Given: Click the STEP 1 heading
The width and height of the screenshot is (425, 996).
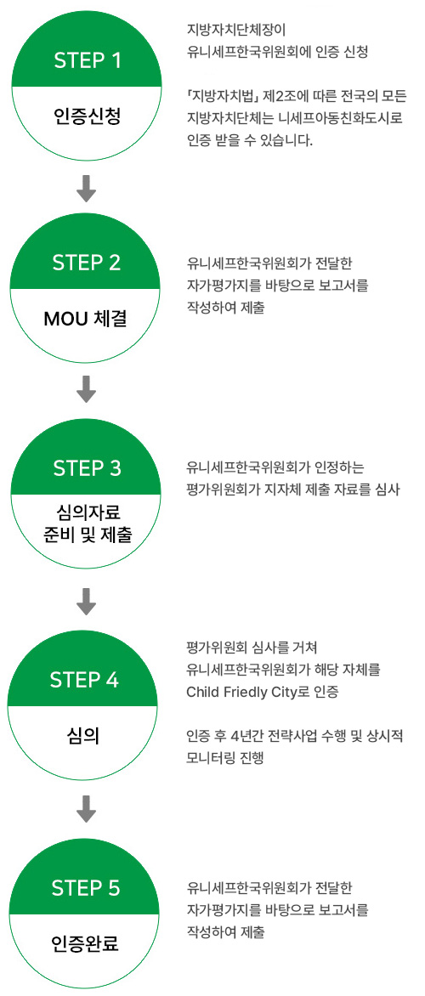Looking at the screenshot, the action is coord(87,61).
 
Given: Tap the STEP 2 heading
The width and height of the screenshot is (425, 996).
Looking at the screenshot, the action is coord(87,263).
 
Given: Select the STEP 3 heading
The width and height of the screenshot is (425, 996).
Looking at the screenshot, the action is coord(87,469).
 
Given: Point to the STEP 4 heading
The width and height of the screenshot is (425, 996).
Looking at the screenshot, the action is coord(84,680).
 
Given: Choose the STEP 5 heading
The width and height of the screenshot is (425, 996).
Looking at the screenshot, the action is coord(85,887).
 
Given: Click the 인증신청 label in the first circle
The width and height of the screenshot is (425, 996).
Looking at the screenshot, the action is coord(86,116).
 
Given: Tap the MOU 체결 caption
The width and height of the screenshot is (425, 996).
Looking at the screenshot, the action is coord(85,318).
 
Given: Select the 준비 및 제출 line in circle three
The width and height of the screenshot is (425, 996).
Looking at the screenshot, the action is coord(87,535).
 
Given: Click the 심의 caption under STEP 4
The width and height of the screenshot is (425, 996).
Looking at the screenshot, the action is coord(84,739).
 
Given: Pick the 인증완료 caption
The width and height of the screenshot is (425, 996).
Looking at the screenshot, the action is coord(85,944).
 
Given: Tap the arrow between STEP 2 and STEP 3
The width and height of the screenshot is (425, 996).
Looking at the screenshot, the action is coord(87,389).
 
